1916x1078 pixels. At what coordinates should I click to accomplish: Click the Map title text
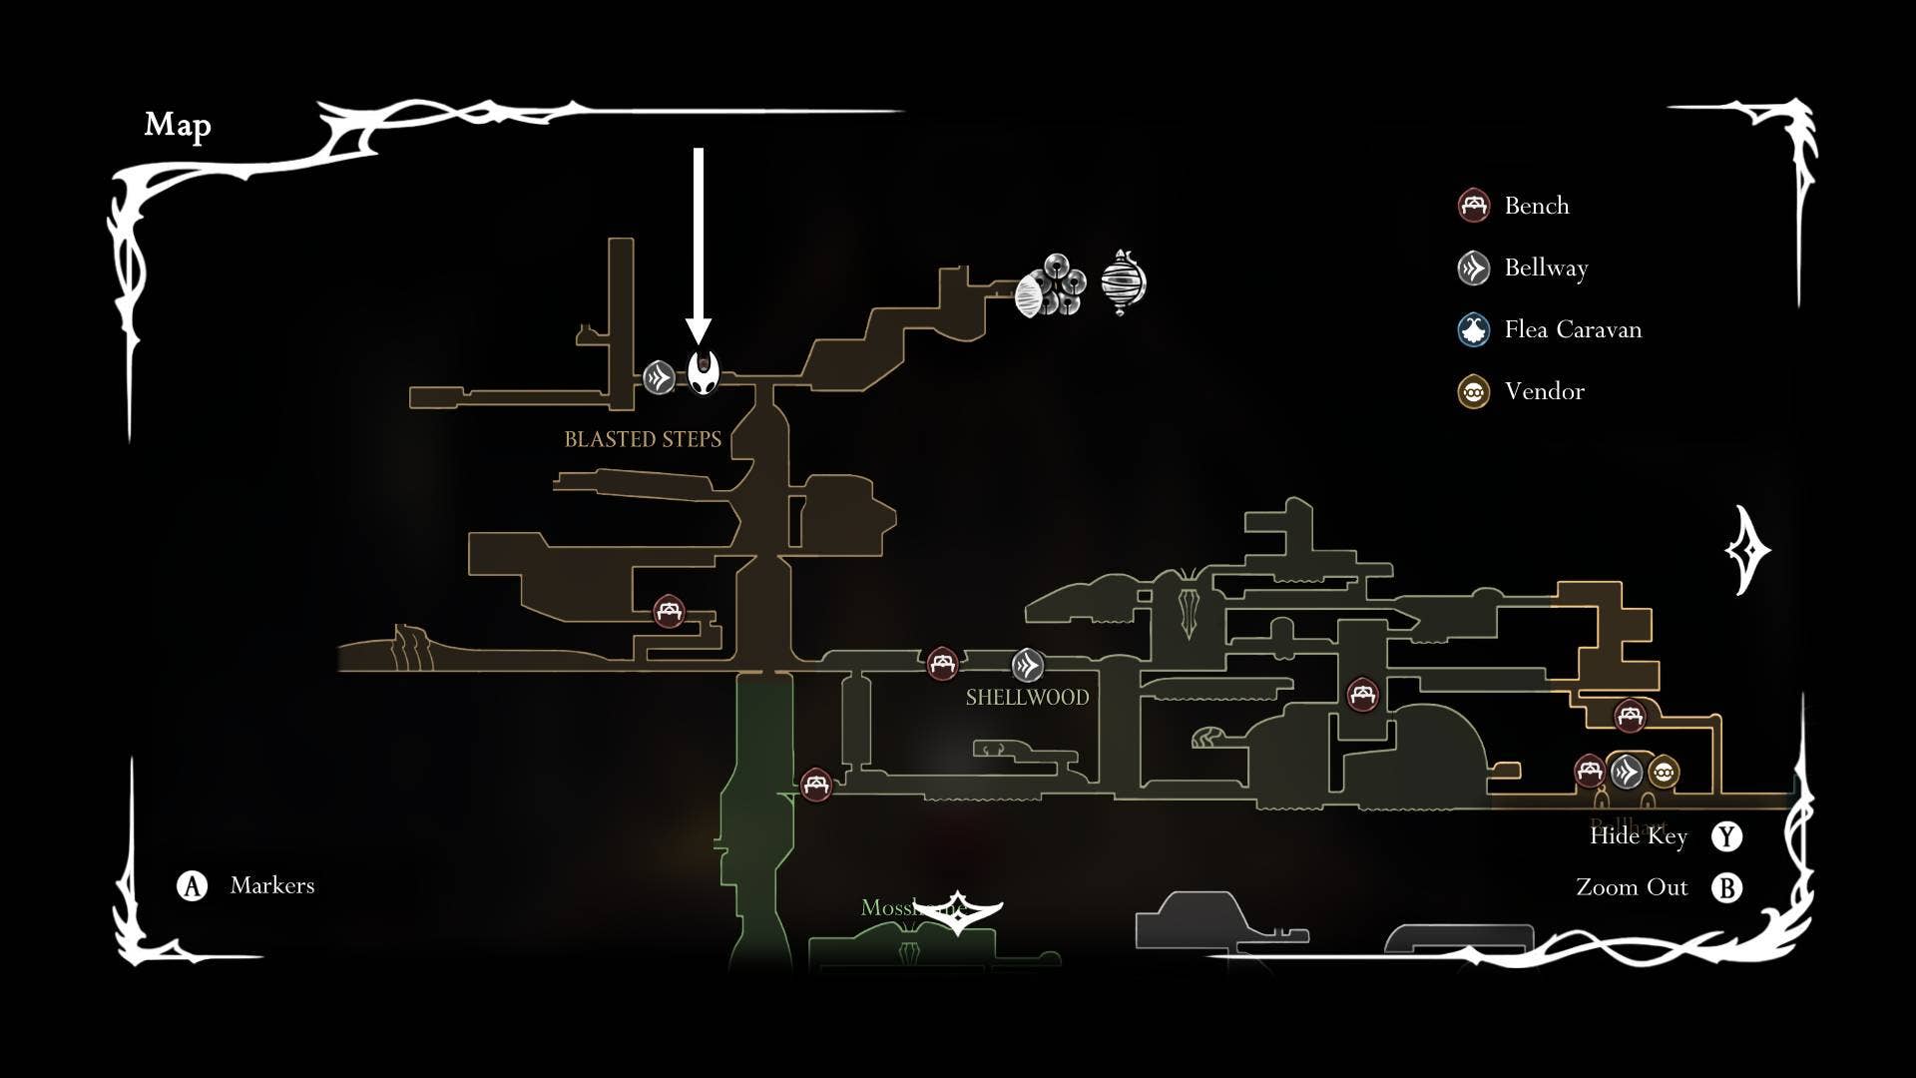click(x=178, y=125)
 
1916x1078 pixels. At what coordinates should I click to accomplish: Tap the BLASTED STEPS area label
click(x=643, y=439)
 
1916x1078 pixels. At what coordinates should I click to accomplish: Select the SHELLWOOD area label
click(x=1027, y=697)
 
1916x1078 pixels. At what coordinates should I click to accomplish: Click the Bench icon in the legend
click(x=1474, y=206)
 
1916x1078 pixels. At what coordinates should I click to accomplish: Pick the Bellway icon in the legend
click(x=1474, y=268)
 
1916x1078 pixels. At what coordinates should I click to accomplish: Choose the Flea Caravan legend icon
click(x=1474, y=329)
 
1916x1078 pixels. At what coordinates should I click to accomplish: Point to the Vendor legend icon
click(x=1474, y=391)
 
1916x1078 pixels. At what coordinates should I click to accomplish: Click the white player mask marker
click(x=704, y=374)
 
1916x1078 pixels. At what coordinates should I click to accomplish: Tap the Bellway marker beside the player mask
click(x=659, y=377)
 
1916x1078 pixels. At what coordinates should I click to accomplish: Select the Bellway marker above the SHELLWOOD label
click(x=1028, y=665)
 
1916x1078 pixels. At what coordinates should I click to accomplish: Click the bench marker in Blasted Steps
click(x=669, y=610)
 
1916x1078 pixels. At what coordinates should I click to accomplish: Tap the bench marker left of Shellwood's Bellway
click(x=942, y=663)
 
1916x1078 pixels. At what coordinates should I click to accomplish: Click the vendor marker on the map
click(x=1664, y=772)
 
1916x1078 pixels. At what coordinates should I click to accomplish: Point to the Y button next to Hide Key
click(x=1726, y=836)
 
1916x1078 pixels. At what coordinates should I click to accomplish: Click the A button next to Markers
click(x=192, y=885)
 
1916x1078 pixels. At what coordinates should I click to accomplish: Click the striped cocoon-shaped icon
click(x=1123, y=282)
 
